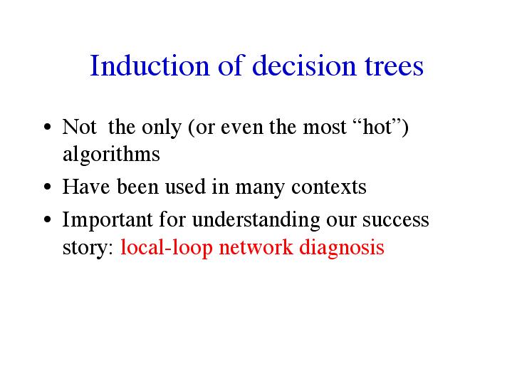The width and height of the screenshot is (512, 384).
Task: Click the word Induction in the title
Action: coord(150,66)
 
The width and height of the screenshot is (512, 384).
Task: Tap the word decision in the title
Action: coord(303,66)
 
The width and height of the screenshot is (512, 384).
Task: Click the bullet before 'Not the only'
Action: coord(47,127)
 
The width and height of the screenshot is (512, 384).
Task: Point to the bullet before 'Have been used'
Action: coord(47,187)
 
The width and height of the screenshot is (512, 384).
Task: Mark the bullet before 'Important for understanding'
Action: coord(47,219)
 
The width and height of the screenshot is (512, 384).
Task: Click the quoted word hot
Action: coord(377,127)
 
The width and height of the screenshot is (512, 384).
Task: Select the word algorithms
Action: coord(111,154)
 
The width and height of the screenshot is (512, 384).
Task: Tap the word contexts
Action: coord(328,187)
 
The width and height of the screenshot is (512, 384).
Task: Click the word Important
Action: coord(108,219)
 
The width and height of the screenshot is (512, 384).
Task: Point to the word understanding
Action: coord(256,219)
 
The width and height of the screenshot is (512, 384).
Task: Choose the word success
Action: coord(395,220)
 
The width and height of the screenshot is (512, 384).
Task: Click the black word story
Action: coord(88,248)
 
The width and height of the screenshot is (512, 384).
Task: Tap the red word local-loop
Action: coord(167,247)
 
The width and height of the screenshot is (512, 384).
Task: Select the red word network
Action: coord(256,247)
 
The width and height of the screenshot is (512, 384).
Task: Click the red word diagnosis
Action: coord(342,247)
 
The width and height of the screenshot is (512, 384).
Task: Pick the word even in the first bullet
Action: coord(242,127)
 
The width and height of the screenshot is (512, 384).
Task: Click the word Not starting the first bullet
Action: coord(79,127)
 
